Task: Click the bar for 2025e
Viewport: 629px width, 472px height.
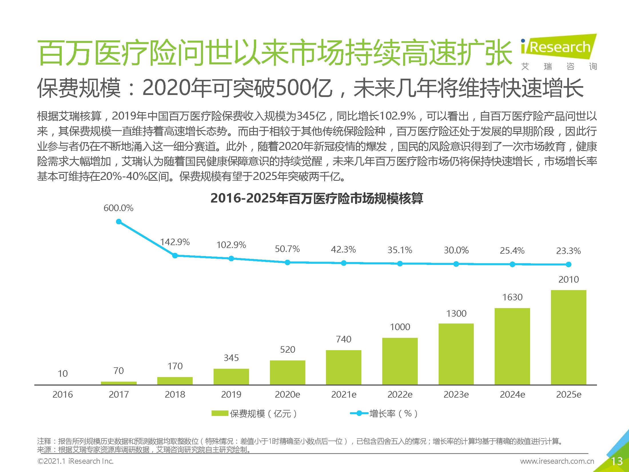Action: click(x=568, y=337)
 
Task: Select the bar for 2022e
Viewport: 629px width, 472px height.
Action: click(x=400, y=361)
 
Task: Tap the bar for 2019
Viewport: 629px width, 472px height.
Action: click(x=231, y=376)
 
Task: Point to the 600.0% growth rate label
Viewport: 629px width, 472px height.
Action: click(x=118, y=208)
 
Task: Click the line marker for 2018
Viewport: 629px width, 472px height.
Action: click(x=175, y=255)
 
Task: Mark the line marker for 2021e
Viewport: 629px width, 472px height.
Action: click(x=344, y=263)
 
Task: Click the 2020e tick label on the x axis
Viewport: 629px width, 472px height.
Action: click(x=287, y=394)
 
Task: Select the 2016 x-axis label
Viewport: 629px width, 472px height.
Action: click(x=63, y=394)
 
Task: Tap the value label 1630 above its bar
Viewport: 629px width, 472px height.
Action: click(x=512, y=297)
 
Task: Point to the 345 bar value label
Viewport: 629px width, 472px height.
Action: click(x=231, y=358)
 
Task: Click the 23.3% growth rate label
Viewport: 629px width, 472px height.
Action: click(x=568, y=251)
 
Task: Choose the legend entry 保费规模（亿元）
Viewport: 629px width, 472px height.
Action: click(x=254, y=413)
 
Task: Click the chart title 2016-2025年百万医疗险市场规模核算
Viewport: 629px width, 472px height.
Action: click(x=317, y=198)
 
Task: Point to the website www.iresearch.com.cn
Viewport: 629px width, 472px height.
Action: click(x=557, y=461)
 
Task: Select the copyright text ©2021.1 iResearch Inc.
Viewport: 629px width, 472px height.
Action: click(x=75, y=461)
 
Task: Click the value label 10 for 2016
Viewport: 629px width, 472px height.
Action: click(x=63, y=373)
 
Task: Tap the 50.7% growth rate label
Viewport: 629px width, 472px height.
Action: click(x=287, y=249)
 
